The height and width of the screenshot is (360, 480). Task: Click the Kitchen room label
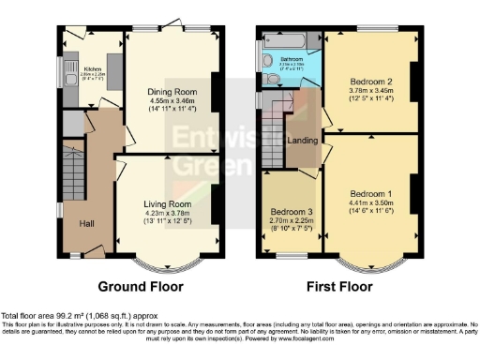(93, 68)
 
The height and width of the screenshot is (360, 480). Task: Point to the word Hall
(86, 224)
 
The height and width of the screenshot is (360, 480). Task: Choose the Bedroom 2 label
(370, 82)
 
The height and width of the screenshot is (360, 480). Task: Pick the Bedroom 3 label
(290, 211)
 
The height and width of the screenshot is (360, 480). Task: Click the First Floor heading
(340, 287)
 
